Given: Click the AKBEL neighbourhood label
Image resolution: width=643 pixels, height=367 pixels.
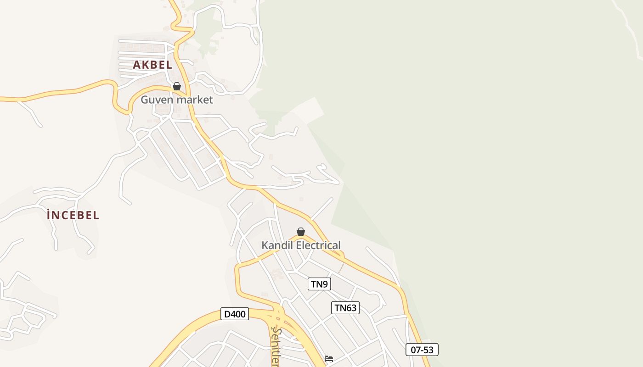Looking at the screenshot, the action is pos(152,65).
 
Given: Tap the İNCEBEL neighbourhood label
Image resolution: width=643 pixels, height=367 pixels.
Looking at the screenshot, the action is pos(73,215).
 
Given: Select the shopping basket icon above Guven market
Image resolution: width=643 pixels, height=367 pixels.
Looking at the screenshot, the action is pos(177,86).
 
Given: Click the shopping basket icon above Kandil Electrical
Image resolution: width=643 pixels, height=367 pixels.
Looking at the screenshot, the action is pos(301,232).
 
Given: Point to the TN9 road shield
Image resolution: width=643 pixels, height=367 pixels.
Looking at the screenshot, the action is pos(319,284).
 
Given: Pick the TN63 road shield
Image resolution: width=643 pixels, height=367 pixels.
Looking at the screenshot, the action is pos(345,308).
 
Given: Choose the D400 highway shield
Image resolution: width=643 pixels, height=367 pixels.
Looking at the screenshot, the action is pos(235,314).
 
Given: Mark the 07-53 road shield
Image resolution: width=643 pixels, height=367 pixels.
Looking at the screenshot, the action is pos(422,350).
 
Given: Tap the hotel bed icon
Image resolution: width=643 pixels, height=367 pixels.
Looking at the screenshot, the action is pos(329,358).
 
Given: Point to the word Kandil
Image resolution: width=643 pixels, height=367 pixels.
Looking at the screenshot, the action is pos(277,245).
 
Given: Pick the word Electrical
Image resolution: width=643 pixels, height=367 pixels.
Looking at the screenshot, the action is pos(319,245).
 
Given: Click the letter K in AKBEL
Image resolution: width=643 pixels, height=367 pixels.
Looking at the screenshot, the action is pos(145,65).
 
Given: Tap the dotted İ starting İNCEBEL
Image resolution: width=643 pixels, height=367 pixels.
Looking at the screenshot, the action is pos(49,215).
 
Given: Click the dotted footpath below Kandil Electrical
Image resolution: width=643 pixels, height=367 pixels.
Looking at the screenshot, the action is pos(340,267).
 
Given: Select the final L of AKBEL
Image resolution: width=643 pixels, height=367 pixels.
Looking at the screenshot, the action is pos(169,65).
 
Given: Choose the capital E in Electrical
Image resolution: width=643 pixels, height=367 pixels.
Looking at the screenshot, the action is pos(299,245).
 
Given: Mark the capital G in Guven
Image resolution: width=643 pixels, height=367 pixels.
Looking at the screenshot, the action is pos(145,100).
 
